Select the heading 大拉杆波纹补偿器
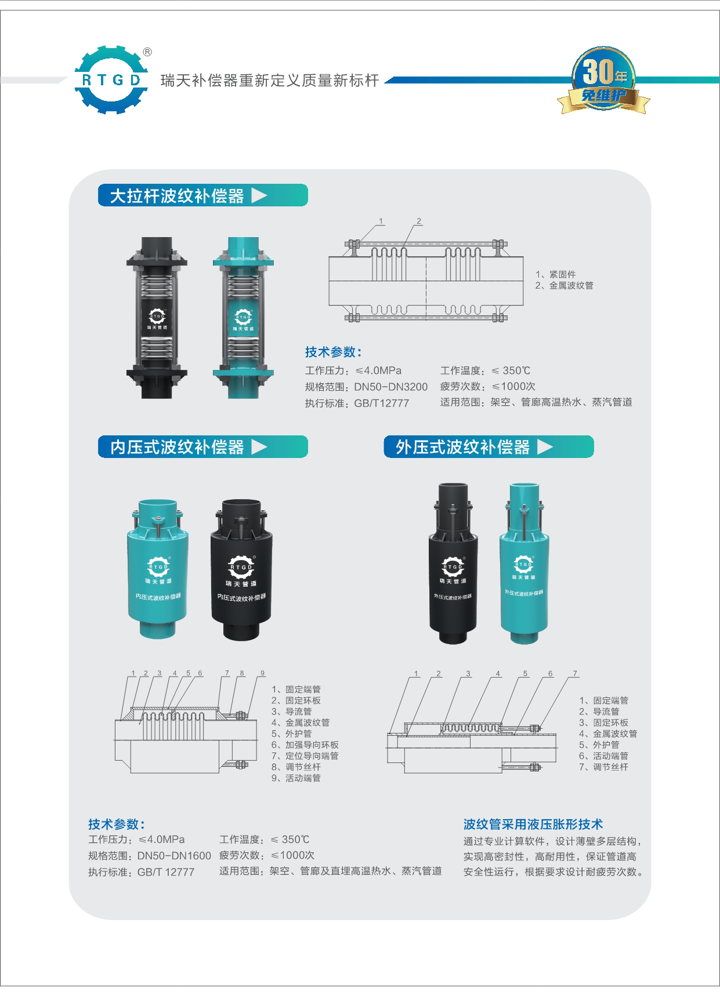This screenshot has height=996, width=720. [177, 196]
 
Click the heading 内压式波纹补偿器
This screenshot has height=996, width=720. [177, 447]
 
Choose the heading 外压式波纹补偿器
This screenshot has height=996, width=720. [463, 447]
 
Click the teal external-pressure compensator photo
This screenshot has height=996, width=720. [523, 562]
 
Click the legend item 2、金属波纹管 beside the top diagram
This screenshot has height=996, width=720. [564, 285]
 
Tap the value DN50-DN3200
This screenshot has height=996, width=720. [391, 387]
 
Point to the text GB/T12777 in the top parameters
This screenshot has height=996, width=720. [382, 403]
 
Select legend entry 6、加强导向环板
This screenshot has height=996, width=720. [305, 745]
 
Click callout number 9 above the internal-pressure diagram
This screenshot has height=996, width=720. [262, 673]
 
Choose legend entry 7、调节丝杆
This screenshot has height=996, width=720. [604, 767]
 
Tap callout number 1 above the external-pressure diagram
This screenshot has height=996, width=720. [416, 674]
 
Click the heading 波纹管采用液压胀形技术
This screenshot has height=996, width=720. [533, 824]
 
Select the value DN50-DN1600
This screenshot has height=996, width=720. [174, 856]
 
